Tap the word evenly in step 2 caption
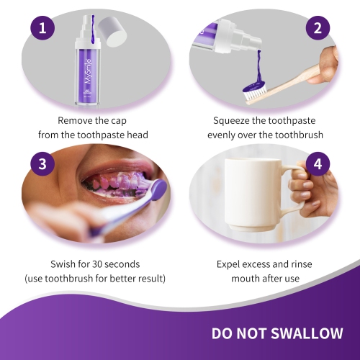(225, 135)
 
